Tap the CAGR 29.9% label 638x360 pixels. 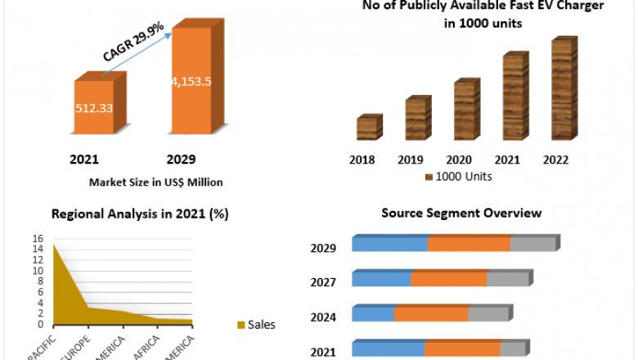(x=134, y=43)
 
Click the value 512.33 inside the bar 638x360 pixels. (x=95, y=106)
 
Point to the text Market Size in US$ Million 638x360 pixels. (x=155, y=182)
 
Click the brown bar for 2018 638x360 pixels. (x=367, y=128)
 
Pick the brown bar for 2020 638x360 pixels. (x=465, y=110)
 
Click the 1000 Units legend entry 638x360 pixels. (x=463, y=177)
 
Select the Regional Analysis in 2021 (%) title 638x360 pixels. (x=140, y=214)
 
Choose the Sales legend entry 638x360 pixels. (x=256, y=325)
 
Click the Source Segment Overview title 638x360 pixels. (x=461, y=214)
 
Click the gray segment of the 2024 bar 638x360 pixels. (x=488, y=314)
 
